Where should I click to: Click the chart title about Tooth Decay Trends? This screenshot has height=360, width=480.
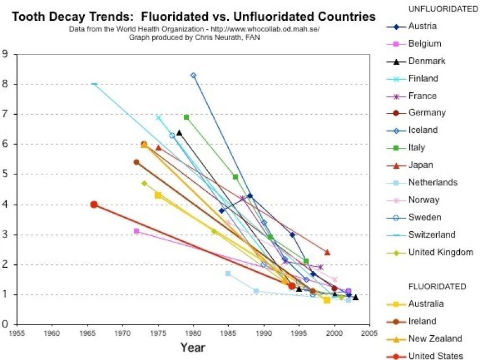(194, 17)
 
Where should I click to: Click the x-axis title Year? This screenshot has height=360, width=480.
(193, 347)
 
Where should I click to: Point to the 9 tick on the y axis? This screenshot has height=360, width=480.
(5, 55)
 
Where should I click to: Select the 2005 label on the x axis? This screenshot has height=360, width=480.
(369, 332)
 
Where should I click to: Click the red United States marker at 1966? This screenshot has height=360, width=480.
(94, 205)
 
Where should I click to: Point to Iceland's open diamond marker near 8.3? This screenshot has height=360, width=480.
(193, 75)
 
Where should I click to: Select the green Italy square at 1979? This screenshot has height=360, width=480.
(186, 117)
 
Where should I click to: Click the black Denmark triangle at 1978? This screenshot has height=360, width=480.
(179, 133)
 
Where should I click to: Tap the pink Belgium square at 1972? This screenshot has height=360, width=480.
(137, 231)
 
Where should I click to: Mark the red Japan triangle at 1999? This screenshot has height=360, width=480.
(327, 252)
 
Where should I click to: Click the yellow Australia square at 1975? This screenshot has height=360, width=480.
(158, 195)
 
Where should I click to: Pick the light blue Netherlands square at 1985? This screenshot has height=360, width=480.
(228, 273)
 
